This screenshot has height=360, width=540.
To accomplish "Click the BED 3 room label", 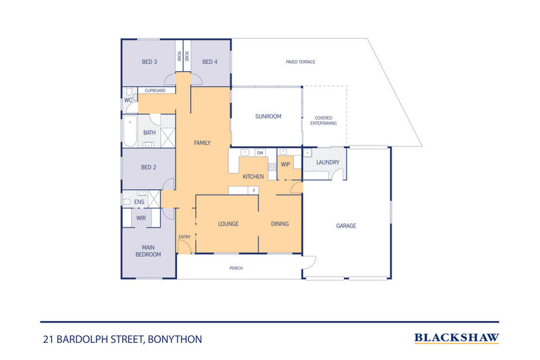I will pyautogui.click(x=150, y=62).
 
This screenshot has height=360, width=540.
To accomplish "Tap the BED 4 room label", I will pyautogui.click(x=209, y=62).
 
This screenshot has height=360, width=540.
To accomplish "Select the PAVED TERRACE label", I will pyautogui.click(x=300, y=62).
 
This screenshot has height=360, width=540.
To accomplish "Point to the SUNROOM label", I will pyautogui.click(x=268, y=117).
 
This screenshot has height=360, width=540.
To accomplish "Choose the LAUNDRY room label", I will pyautogui.click(x=327, y=162).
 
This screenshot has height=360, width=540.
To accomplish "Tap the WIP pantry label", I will pyautogui.click(x=286, y=164).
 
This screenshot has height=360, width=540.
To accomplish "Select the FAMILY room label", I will pyautogui.click(x=202, y=143).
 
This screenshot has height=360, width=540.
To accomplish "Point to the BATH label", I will pyautogui.click(x=149, y=133).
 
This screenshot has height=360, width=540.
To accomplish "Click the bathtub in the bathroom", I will pyautogui.click(x=130, y=133).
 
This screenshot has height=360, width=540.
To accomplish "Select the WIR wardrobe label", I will pyautogui.click(x=141, y=218).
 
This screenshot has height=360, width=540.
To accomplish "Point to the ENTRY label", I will pyautogui.click(x=185, y=237).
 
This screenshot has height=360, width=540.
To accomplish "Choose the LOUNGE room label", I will pyautogui.click(x=228, y=224).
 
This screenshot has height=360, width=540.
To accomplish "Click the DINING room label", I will pyautogui.click(x=280, y=224).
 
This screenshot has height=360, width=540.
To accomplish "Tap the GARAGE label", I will pyautogui.click(x=346, y=226).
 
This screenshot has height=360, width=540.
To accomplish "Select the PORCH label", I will pyautogui.click(x=236, y=268).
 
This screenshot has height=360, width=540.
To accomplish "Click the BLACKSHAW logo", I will pyautogui.click(x=457, y=337).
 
